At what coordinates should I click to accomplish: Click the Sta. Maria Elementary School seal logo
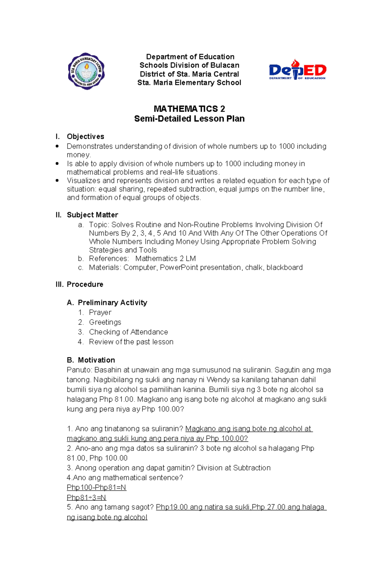86,71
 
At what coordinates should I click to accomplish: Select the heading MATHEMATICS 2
189,109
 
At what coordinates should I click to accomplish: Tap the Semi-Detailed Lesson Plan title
189,119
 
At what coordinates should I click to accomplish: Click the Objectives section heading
85,137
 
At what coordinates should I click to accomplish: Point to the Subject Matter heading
92,215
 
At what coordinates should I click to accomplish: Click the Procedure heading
85,284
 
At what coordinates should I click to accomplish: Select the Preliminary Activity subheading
112,303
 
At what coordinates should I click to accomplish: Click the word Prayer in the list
100,312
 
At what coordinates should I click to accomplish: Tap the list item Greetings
105,322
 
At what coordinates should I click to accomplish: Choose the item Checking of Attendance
128,332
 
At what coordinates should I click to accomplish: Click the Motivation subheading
96,360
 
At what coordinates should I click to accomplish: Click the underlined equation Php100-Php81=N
96,487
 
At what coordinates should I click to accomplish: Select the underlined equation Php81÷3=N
86,498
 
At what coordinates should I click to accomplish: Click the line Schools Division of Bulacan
189,65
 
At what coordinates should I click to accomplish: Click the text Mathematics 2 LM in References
165,259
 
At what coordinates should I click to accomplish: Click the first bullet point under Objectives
57,146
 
